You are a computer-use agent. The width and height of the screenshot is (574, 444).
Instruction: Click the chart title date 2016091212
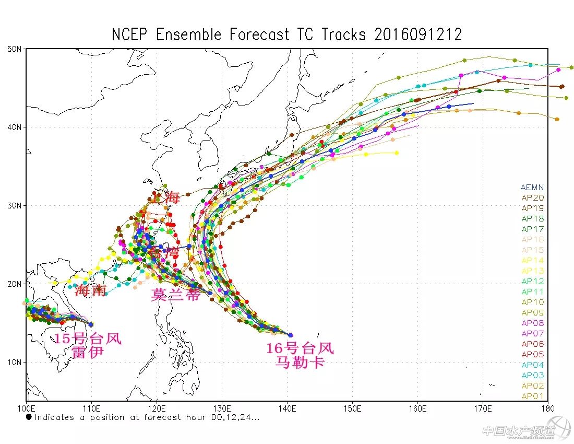coord(418,35)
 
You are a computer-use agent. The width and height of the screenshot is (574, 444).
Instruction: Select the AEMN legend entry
coord(532,188)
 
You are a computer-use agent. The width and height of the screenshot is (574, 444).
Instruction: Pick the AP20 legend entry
coord(532,198)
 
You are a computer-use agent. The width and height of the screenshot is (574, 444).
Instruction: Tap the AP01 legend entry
coord(532,396)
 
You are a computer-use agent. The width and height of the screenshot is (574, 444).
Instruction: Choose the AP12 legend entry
coord(532,282)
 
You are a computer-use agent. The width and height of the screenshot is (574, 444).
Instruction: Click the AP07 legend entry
coord(532,334)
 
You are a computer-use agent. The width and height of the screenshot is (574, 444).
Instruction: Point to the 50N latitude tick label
coord(14,49)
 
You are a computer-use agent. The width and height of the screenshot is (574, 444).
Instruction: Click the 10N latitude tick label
coord(14,362)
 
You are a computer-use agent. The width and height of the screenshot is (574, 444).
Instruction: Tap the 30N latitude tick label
coord(14,205)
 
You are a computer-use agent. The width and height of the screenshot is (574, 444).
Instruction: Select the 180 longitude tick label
coord(547,408)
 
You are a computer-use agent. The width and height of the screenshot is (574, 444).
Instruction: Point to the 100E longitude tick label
coord(26,408)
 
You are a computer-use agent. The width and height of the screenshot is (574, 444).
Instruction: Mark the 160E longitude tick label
coord(417,408)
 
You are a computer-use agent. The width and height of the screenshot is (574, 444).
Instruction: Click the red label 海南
coord(91,290)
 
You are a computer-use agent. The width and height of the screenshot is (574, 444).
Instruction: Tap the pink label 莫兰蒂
coord(175,295)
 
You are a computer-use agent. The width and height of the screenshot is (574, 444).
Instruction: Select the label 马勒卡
coord(300,361)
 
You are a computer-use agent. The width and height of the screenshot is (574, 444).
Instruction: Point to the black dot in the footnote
coord(29,417)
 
